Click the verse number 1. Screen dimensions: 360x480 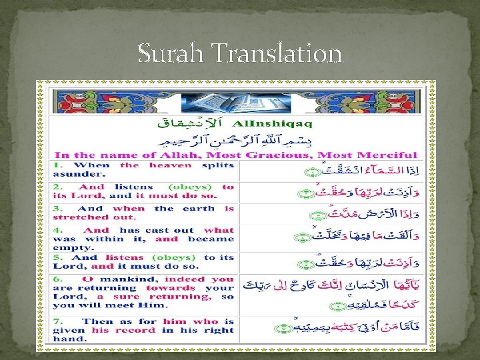58,165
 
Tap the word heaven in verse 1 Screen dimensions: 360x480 170,165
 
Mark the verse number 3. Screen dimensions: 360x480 58,209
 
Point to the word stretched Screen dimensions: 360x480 77,217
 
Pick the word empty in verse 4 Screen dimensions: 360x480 69,247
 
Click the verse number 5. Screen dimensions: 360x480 58,257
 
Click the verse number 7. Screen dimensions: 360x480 58,321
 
